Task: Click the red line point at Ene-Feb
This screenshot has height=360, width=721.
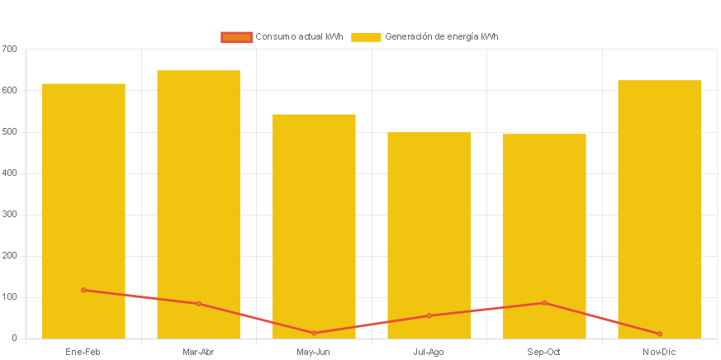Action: (x=83, y=290)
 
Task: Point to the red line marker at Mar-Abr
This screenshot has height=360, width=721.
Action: (x=198, y=304)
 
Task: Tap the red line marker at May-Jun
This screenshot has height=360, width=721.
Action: (x=314, y=333)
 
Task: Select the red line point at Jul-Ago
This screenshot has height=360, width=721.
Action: (x=429, y=315)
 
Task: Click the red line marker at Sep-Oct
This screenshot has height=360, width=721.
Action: (x=544, y=303)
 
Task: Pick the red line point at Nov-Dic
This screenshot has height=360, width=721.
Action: (x=659, y=334)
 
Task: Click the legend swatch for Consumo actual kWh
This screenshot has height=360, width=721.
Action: (x=236, y=37)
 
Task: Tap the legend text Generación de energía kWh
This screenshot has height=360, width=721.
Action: (x=441, y=37)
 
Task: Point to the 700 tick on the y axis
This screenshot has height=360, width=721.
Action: (x=9, y=49)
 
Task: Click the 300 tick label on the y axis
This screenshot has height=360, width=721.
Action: (x=9, y=214)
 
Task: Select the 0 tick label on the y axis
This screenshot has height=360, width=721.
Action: (x=14, y=338)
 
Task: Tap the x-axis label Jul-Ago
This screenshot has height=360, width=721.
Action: (x=429, y=353)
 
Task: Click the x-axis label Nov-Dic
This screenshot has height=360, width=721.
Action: (x=659, y=353)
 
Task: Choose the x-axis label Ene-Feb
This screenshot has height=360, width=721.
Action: (x=83, y=353)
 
